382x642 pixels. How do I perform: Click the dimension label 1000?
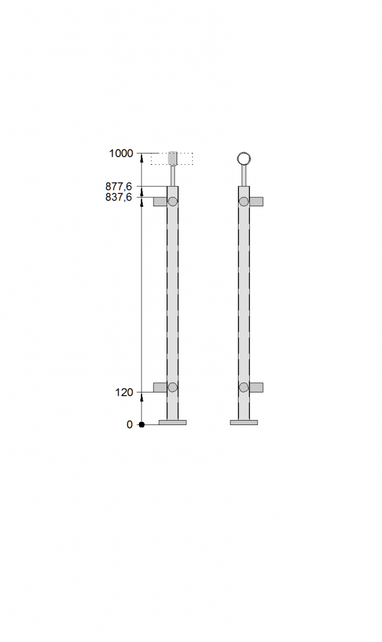pyautogui.click(x=121, y=154)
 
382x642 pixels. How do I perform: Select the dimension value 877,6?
pyautogui.click(x=118, y=187)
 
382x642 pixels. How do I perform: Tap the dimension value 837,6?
pyautogui.click(x=118, y=197)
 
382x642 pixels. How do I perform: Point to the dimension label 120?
pyautogui.click(x=125, y=392)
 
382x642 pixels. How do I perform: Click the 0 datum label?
pyautogui.click(x=130, y=425)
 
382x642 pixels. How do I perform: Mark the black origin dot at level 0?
pyautogui.click(x=142, y=425)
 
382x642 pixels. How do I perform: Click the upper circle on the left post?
pyautogui.click(x=173, y=201)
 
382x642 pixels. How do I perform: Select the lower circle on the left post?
pyautogui.click(x=173, y=387)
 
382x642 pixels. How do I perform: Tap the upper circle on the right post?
pyautogui.click(x=244, y=201)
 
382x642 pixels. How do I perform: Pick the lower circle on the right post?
pyautogui.click(x=244, y=387)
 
